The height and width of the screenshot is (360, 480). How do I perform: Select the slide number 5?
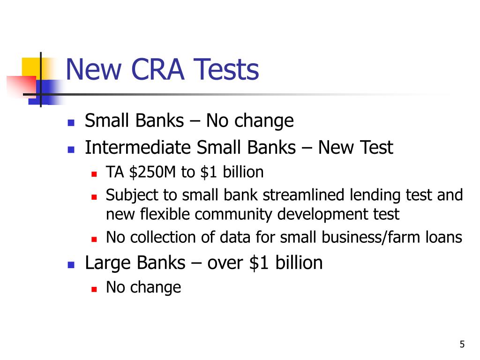462,345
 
